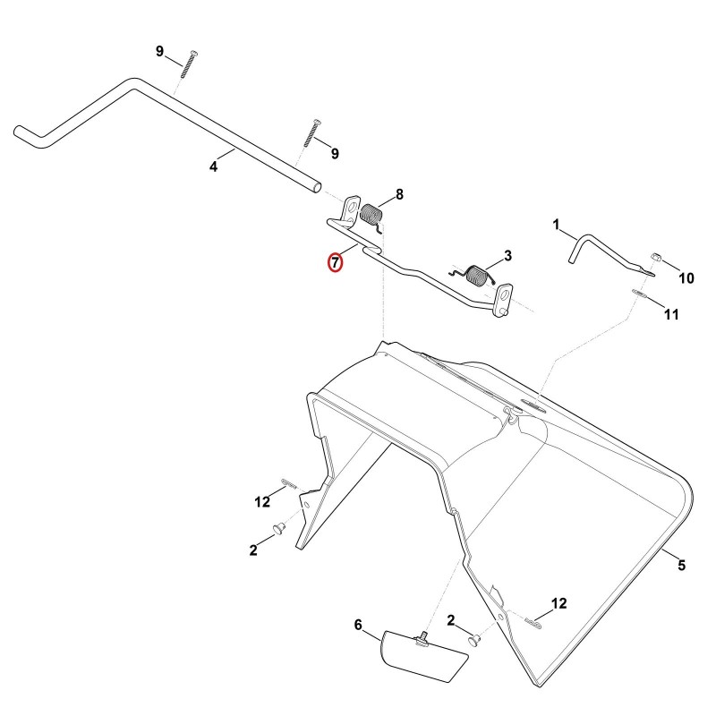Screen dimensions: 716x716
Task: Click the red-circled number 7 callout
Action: point(335,262)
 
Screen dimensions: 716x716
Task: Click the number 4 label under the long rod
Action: point(213,166)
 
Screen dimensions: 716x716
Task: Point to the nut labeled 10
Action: point(656,257)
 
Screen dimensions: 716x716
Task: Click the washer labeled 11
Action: point(639,293)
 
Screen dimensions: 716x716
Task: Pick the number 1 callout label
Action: point(556,225)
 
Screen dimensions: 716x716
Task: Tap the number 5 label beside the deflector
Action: point(681,566)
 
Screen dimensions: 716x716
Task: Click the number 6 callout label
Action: point(358,625)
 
